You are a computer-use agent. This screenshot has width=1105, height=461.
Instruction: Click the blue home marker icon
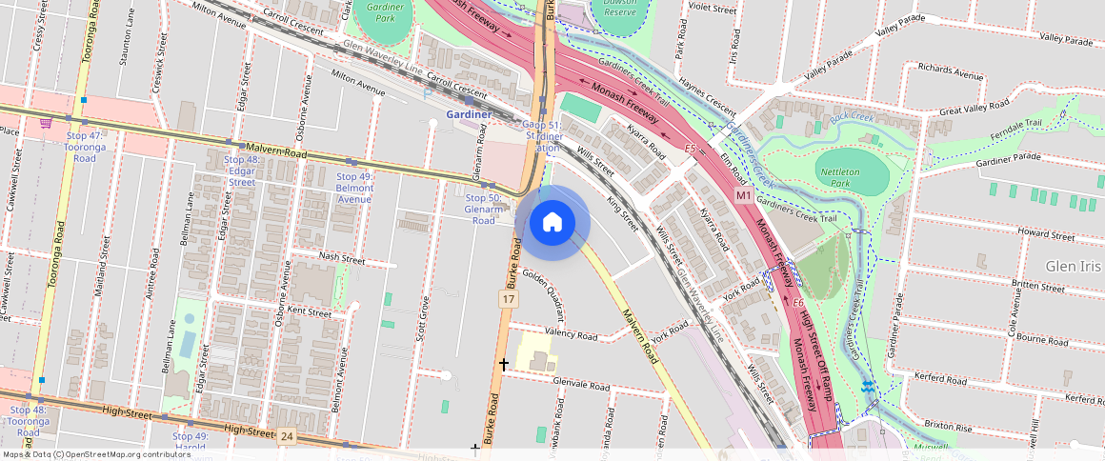pyautogui.click(x=552, y=223)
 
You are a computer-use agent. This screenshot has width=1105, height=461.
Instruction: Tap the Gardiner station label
pyautogui.click(x=469, y=115)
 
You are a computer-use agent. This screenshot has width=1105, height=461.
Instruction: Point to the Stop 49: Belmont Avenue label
pyautogui.click(x=354, y=188)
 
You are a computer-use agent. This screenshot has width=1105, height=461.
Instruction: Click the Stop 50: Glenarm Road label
pyautogui.click(x=483, y=208)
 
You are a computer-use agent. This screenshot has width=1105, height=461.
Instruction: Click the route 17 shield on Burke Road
pyautogui.click(x=510, y=299)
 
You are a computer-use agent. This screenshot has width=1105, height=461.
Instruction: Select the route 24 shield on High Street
pyautogui.click(x=287, y=436)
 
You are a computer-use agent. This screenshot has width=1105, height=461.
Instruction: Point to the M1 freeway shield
pyautogui.click(x=745, y=195)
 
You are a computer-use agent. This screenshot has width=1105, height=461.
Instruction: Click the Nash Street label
pyautogui.click(x=342, y=258)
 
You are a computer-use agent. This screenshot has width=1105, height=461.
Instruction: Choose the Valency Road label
pyautogui.click(x=570, y=335)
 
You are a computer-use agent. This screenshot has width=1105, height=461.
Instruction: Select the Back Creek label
pyautogui.click(x=851, y=117)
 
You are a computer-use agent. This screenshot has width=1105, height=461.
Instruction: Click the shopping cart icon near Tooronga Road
pyautogui.click(x=45, y=122)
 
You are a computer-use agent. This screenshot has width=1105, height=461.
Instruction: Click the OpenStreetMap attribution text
pyautogui.click(x=96, y=454)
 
